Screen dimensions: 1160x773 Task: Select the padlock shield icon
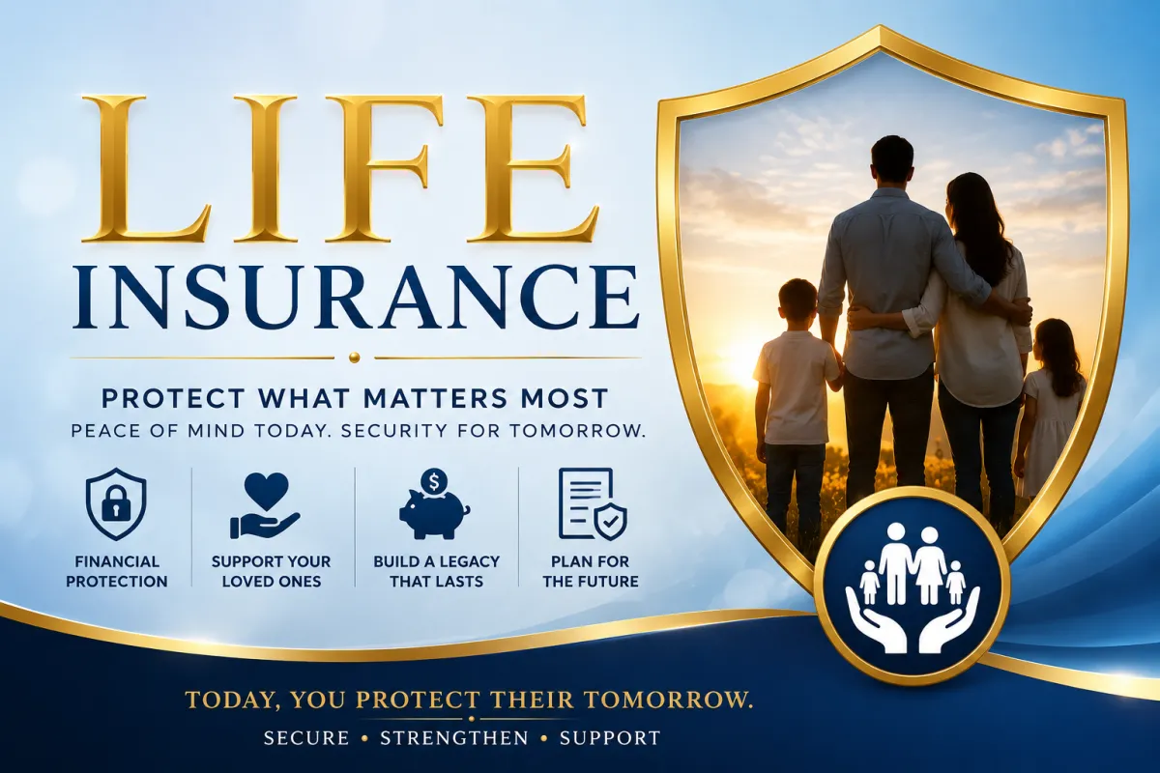tap(116, 504)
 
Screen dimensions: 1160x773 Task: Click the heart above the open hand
tap(266, 490)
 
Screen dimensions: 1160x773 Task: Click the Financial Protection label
tap(117, 572)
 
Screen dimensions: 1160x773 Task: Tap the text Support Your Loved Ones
tap(272, 572)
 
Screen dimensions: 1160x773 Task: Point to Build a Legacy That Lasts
tap(437, 572)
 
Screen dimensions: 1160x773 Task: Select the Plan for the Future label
tap(591, 572)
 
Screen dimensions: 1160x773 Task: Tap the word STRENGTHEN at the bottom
tap(454, 738)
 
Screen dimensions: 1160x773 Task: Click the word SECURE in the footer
tap(306, 738)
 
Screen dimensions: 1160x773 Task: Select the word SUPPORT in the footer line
tap(610, 738)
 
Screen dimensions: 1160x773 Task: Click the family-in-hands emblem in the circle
tap(913, 587)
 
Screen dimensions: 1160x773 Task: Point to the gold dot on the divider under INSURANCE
tap(354, 358)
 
